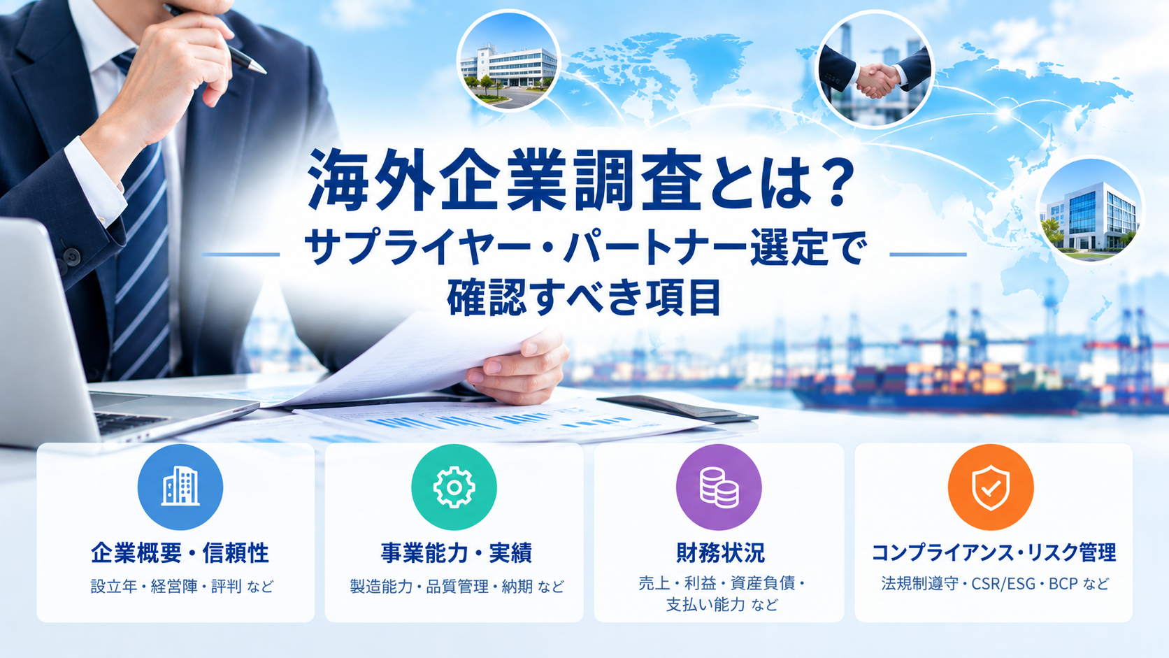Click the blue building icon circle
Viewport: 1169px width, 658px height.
[180, 487]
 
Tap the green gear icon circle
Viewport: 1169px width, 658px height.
[454, 487]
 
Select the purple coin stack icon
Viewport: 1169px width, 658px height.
[719, 487]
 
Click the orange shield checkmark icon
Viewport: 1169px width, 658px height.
[991, 487]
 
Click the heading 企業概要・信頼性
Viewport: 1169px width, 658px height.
[180, 553]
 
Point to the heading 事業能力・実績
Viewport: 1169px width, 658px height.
[456, 553]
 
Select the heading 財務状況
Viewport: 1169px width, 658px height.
[720, 553]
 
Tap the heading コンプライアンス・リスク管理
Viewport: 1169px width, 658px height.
[994, 552]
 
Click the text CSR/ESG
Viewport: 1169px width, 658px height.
[1003, 583]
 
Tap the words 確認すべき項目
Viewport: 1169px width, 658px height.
[584, 297]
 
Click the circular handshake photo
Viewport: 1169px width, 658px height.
[875, 69]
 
